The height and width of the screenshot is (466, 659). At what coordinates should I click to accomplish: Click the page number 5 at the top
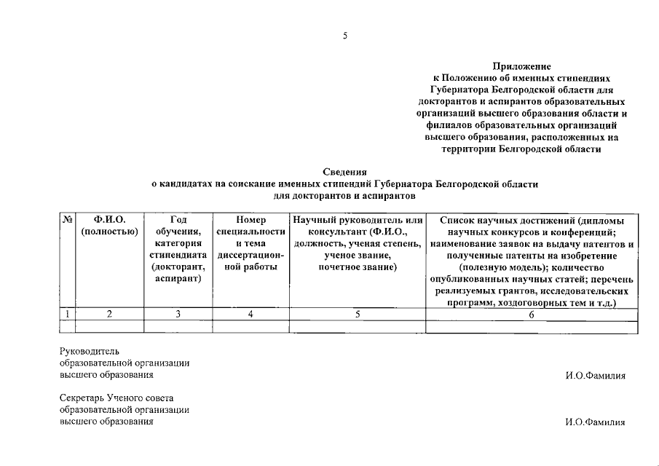(x=345, y=36)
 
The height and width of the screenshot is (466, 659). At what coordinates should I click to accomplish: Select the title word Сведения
(x=344, y=172)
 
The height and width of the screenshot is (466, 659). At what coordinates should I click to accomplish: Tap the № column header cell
(x=67, y=220)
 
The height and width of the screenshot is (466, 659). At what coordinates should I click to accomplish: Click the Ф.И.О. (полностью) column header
(x=110, y=226)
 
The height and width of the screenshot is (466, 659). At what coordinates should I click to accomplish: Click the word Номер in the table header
(x=250, y=220)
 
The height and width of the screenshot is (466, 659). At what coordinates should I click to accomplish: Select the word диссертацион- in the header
(x=250, y=255)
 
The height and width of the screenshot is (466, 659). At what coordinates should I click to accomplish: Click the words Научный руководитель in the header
(x=357, y=220)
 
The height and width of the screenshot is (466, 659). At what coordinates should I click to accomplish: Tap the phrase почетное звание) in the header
(x=357, y=266)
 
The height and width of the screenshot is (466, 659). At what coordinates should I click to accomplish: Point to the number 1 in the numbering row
(x=67, y=314)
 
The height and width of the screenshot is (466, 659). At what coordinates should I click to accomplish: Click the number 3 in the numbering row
(x=178, y=314)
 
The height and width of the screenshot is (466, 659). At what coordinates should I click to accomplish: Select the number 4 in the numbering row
(x=250, y=314)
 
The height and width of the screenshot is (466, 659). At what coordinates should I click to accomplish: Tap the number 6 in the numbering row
(x=532, y=314)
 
